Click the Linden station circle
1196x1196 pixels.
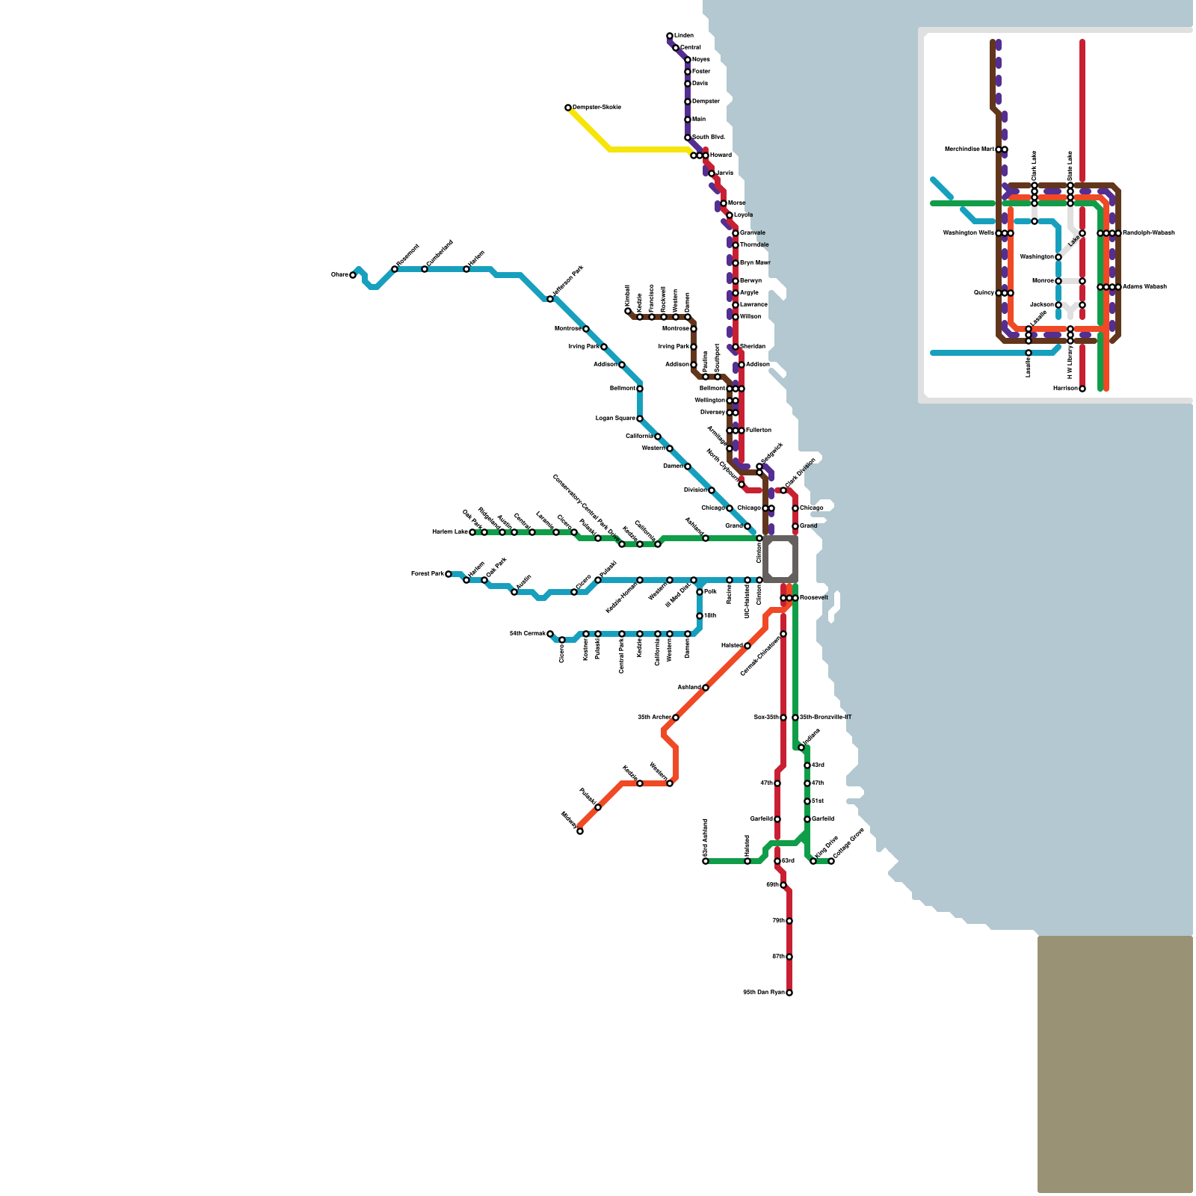click(x=670, y=36)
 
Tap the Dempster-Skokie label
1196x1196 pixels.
click(x=597, y=108)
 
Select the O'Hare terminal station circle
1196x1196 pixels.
click(x=353, y=275)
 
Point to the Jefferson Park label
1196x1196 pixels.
click(x=567, y=282)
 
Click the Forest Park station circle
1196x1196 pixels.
click(x=449, y=574)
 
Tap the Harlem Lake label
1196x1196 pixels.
click(x=450, y=532)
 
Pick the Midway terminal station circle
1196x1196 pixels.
click(x=580, y=831)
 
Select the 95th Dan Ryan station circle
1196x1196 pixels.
click(x=789, y=993)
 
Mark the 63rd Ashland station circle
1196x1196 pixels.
click(x=706, y=861)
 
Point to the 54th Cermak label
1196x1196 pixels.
click(x=527, y=634)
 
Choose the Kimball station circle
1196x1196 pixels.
click(x=628, y=311)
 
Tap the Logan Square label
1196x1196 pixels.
click(x=614, y=419)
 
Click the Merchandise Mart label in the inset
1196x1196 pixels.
click(x=970, y=149)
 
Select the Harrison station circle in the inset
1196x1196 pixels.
click(x=1082, y=389)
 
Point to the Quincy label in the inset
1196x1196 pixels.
click(x=983, y=293)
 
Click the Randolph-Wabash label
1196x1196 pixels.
click(x=1149, y=233)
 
